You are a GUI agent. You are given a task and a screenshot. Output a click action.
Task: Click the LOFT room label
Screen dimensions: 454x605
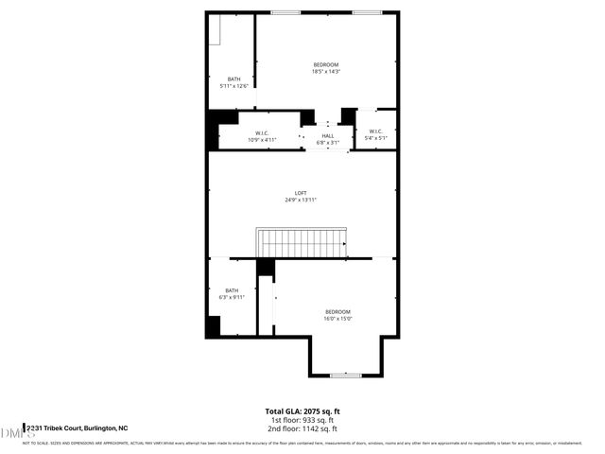pyautogui.click(x=301, y=193)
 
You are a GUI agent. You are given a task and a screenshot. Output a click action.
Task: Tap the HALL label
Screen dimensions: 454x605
pyautogui.click(x=328, y=136)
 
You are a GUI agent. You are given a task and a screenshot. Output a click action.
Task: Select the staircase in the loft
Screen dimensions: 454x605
pyautogui.click(x=302, y=243)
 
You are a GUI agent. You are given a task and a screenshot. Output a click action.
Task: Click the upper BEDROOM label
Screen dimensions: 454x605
pyautogui.click(x=326, y=64)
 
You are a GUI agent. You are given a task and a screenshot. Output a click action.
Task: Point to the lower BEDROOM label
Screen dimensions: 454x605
pyautogui.click(x=337, y=312)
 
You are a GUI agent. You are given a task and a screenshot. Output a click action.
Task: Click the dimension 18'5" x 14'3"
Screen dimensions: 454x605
pyautogui.click(x=326, y=71)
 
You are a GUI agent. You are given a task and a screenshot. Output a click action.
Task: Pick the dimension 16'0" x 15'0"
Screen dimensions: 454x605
pyautogui.click(x=337, y=319)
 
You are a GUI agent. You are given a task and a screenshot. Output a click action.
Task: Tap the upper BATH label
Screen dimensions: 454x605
pyautogui.click(x=233, y=79)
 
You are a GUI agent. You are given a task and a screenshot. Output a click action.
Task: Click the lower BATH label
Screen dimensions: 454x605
pyautogui.click(x=232, y=290)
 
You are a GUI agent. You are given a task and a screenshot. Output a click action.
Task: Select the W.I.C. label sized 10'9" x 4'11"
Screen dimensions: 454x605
pyautogui.click(x=262, y=132)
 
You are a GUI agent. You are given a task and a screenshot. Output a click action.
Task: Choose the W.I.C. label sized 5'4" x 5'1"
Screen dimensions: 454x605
pyautogui.click(x=375, y=131)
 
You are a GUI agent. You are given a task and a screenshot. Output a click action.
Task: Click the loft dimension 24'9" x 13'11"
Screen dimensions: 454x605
pyautogui.click(x=301, y=201)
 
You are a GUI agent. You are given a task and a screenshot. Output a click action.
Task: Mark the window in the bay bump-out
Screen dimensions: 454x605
pyautogui.click(x=346, y=375)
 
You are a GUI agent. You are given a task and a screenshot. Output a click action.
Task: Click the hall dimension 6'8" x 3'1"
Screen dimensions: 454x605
pyautogui.click(x=328, y=143)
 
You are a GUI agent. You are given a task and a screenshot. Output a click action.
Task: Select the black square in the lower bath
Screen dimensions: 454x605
pyautogui.click(x=214, y=326)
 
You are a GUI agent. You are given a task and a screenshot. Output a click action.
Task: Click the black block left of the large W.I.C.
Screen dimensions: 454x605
pyautogui.click(x=223, y=128)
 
